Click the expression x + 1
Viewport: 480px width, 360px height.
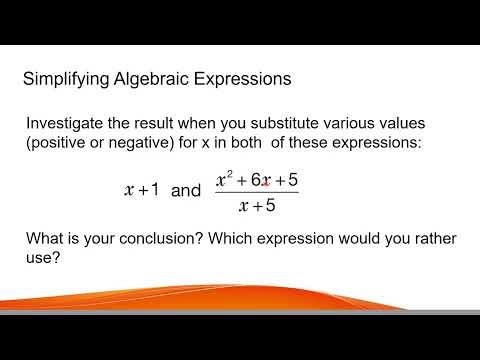click(x=141, y=189)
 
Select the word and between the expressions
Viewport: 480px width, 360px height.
click(x=186, y=190)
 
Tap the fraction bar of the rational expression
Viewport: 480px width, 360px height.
click(x=257, y=193)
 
